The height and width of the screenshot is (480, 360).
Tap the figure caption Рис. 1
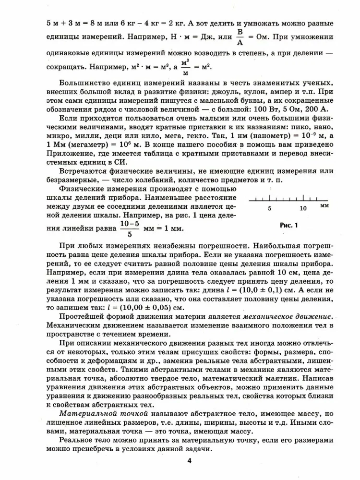(289, 224)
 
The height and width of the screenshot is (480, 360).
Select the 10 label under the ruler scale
(303, 208)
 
